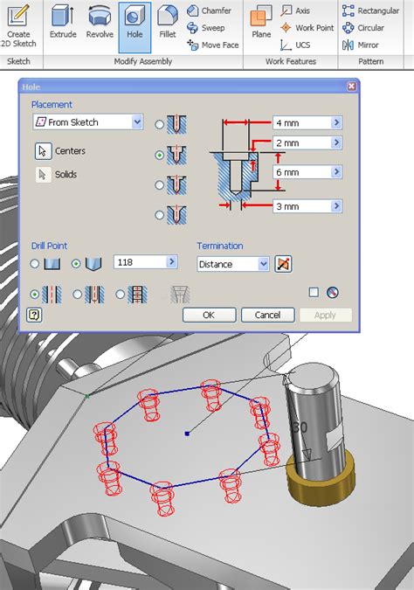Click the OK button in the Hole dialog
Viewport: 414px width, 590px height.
[x=208, y=315]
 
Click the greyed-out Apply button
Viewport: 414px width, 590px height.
[x=325, y=315]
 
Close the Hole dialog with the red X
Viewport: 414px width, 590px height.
[x=351, y=87]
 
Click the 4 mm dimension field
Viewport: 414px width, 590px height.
[x=301, y=122]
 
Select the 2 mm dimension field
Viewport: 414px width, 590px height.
[x=301, y=142]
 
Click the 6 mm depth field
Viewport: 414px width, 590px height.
[x=301, y=172]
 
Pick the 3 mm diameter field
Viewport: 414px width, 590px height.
[x=301, y=206]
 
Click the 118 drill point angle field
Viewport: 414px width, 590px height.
[x=140, y=261]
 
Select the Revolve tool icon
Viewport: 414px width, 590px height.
[x=98, y=24]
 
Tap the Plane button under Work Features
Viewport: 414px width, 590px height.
[x=261, y=24]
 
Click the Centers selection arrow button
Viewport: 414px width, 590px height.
[x=42, y=151]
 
